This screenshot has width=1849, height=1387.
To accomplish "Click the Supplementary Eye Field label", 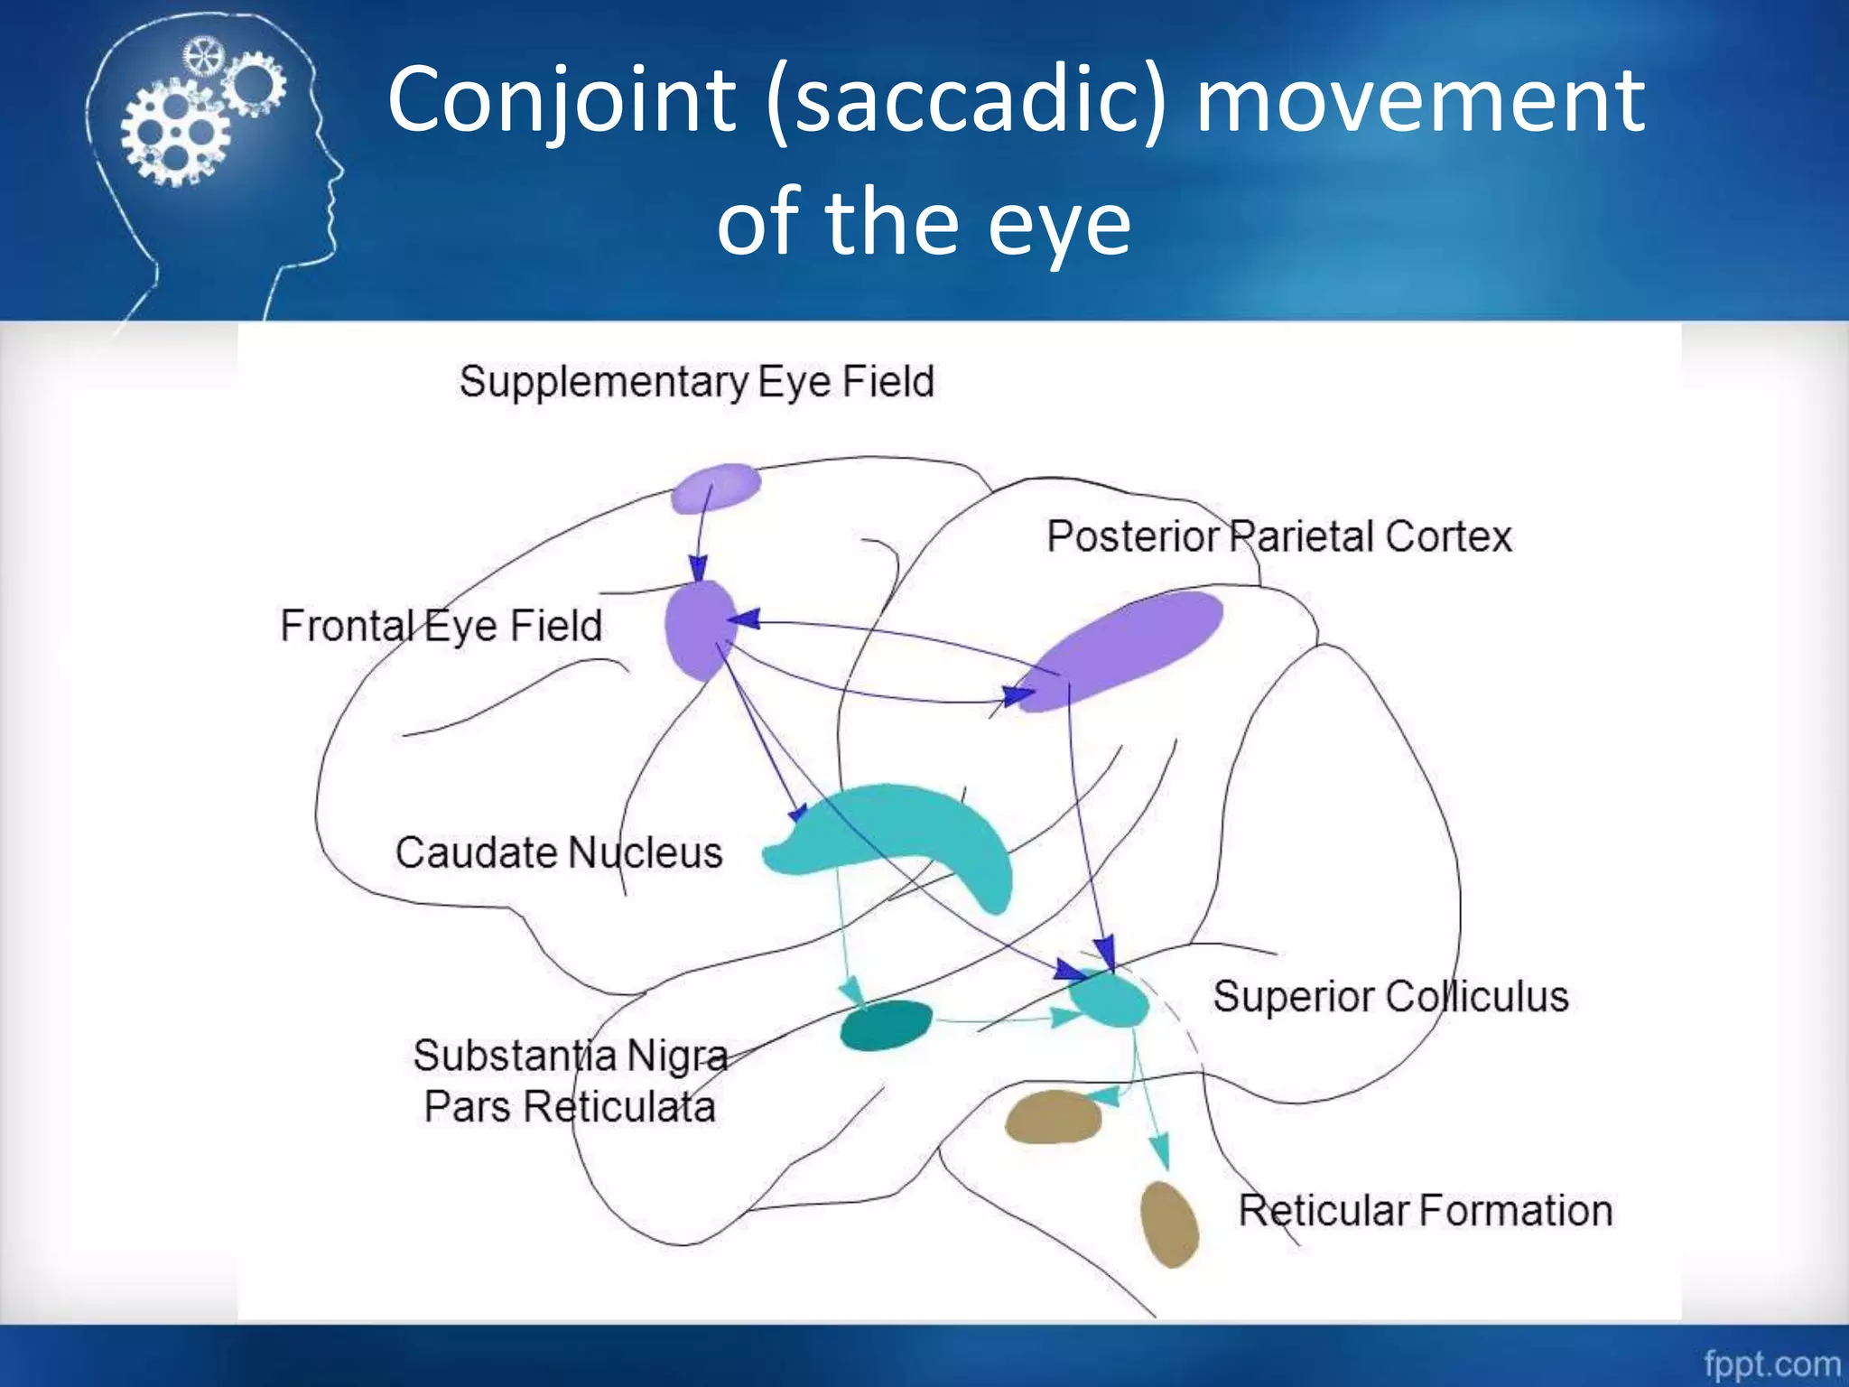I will pos(696,382).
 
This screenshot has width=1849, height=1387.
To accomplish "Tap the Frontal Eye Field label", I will pos(441,626).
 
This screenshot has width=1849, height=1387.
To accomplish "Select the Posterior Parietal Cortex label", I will pos(1278,536).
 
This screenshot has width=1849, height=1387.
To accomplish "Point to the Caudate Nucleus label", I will pos(559,852).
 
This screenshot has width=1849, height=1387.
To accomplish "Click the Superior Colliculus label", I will pos(1390,997).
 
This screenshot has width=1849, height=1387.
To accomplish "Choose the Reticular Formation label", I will pos(1425,1211).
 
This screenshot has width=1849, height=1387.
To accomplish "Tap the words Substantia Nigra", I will pos(571,1056).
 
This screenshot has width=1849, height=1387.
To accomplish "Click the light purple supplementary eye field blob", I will pos(716,488).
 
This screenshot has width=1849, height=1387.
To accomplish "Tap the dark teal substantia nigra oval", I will pos(886,1026).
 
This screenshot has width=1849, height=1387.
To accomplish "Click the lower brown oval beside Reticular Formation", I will pos(1169,1224).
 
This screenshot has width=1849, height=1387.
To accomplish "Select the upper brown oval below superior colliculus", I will pos(1053,1118).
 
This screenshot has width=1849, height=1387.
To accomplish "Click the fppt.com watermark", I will pos(1771,1363).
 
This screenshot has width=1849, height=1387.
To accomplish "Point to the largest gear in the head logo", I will pos(175,134).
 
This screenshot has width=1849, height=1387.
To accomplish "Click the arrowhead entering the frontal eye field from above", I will pos(698,569).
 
